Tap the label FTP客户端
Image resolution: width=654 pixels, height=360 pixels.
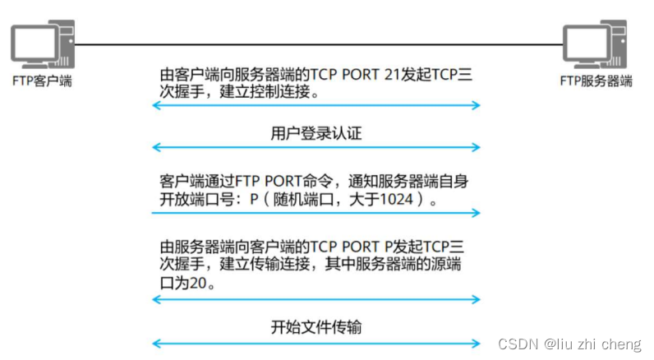point(42,81)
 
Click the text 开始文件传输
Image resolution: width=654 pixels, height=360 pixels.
point(316,327)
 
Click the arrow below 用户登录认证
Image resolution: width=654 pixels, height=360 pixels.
point(316,147)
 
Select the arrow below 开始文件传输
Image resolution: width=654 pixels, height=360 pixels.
point(316,343)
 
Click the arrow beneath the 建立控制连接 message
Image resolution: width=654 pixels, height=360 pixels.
point(316,105)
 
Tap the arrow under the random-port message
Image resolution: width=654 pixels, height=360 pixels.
point(316,213)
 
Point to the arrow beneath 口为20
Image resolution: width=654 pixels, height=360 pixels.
point(316,299)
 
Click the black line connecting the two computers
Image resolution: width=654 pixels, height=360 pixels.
point(316,44)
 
